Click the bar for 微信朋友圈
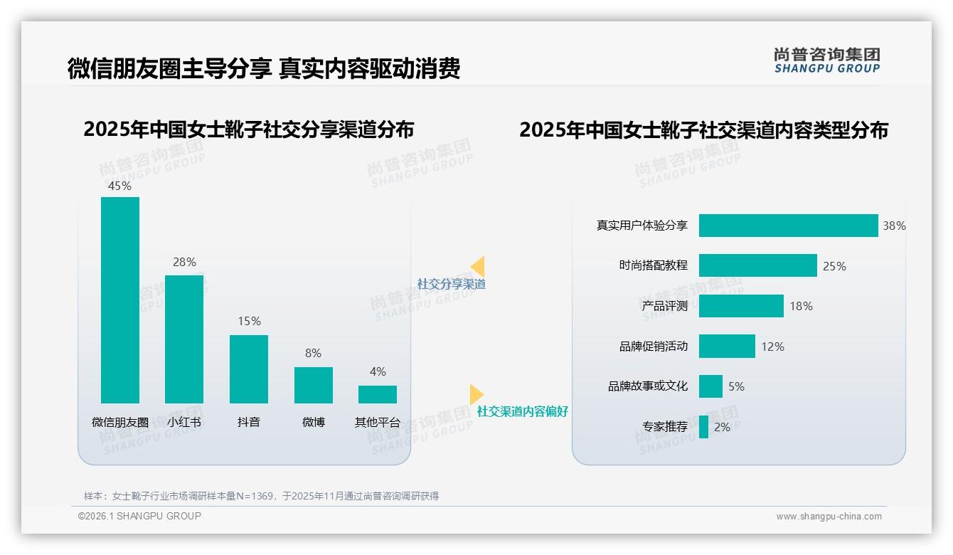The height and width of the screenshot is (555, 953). pos(120,300)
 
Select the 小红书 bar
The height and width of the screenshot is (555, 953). pos(184,339)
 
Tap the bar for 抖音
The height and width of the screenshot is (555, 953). pos(249,369)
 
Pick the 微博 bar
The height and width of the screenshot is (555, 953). pos(313,385)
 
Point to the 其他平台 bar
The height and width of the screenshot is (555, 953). pos(378,394)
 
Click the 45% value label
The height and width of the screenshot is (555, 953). pos(120,186)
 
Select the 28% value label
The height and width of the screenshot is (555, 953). pos(184,262)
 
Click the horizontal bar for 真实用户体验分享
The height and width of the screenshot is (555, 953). pos(788,226)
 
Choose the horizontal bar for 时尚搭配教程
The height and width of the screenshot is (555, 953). pos(757,265)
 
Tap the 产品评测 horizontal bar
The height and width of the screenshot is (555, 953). pos(741,306)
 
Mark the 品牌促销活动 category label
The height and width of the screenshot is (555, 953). pos(654,347)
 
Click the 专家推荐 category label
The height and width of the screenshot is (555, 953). pos(665,427)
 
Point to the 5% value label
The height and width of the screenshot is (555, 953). pos(736,386)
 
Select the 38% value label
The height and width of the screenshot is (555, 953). pos(894,226)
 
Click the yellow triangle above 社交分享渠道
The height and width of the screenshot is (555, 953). pos(477,267)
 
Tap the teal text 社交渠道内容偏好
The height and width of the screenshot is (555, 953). pos(523,411)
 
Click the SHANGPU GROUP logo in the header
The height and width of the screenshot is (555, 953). pos(827,60)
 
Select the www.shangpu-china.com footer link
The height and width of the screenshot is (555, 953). pos(829,517)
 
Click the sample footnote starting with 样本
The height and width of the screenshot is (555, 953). pos(261,496)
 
